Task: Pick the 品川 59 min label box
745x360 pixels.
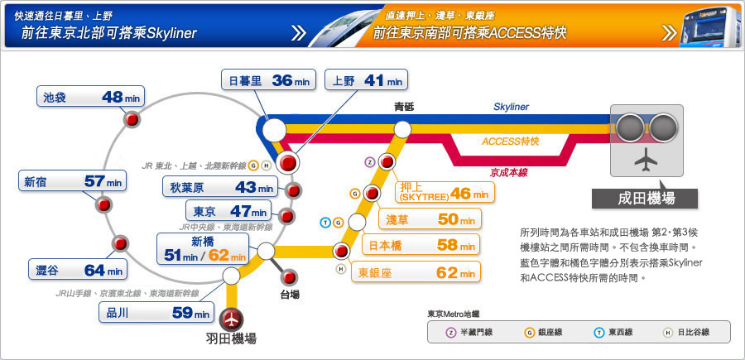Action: tap(156, 313)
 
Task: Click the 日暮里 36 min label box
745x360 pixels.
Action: tap(268, 80)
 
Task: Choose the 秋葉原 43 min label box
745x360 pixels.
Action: tap(219, 187)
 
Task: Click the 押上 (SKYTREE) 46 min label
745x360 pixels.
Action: tap(444, 192)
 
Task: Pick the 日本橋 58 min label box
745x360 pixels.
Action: tap(421, 244)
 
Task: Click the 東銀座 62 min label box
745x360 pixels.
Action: tap(416, 271)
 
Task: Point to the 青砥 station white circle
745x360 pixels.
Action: tap(403, 128)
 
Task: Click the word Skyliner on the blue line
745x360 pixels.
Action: tap(511, 108)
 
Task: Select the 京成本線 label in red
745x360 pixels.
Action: tap(509, 172)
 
